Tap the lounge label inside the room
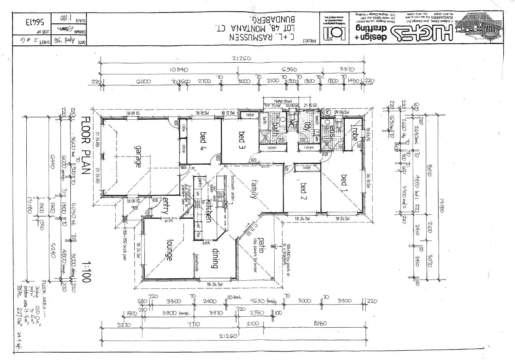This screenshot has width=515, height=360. click(169, 251)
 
